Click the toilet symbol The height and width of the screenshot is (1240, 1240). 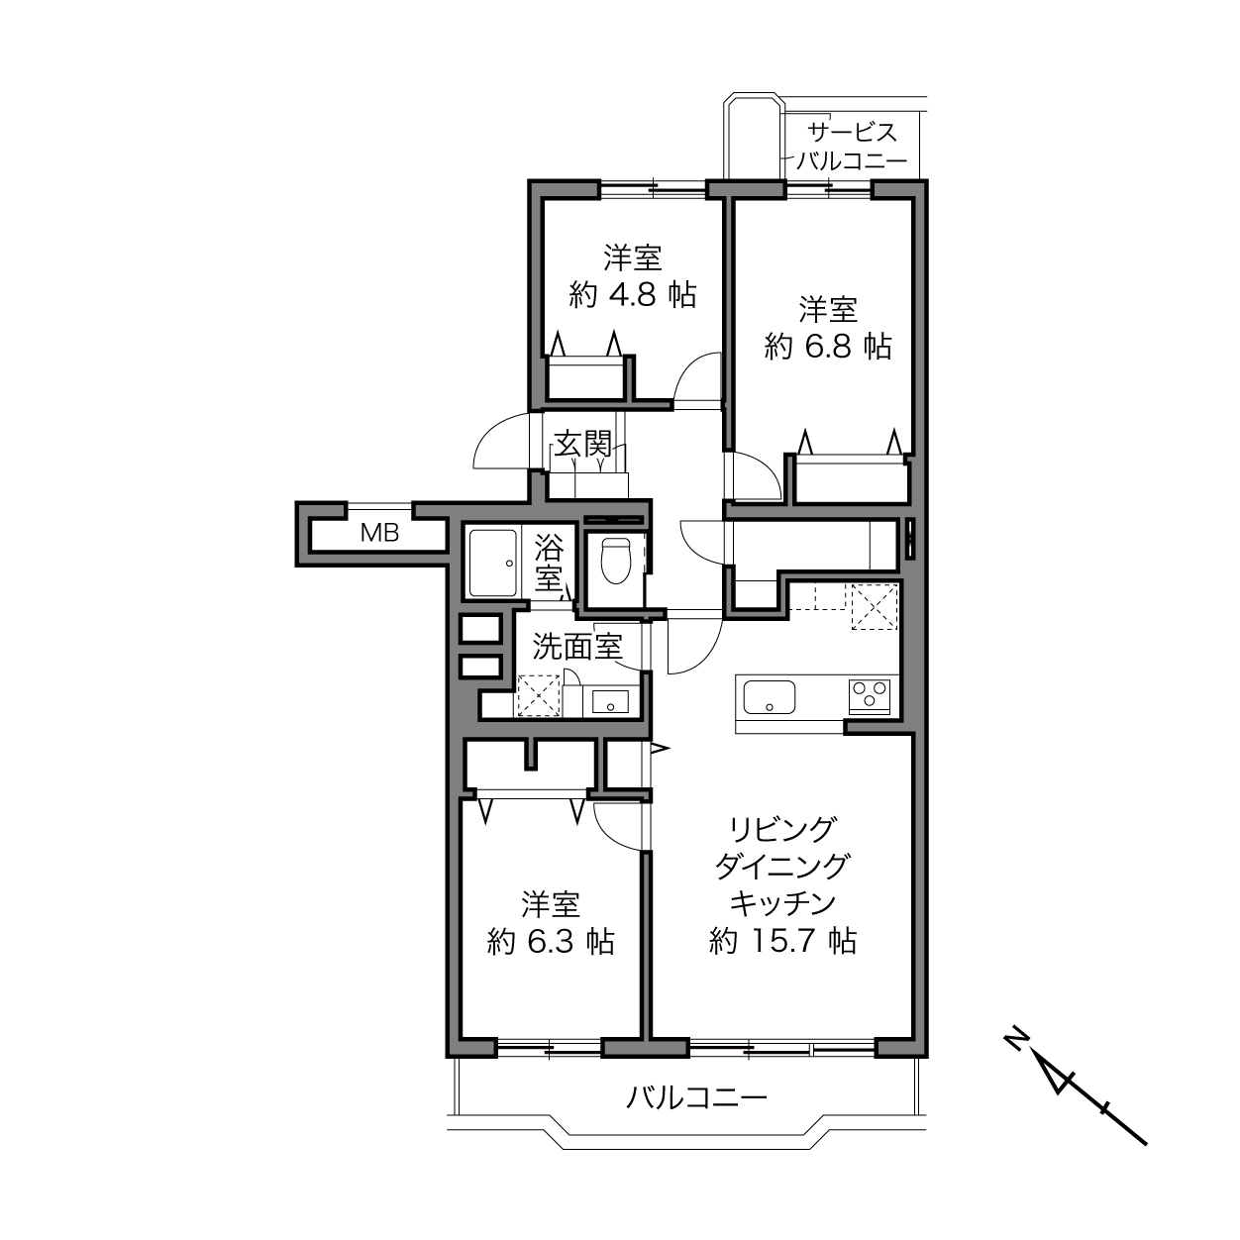[x=616, y=560]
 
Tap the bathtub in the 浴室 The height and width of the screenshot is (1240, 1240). [x=493, y=564]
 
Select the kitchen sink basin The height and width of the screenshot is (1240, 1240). [x=769, y=697]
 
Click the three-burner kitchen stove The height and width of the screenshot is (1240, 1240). [x=870, y=697]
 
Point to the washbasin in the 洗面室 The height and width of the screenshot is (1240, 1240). [x=610, y=701]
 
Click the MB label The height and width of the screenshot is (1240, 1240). [x=379, y=532]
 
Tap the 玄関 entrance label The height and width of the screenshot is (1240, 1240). [x=583, y=444]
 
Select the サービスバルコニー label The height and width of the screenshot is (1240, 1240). [x=852, y=147]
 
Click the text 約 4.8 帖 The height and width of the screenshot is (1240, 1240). [x=633, y=295]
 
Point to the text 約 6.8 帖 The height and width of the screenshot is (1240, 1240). [x=828, y=347]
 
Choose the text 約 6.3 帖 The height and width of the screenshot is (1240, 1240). [x=551, y=943]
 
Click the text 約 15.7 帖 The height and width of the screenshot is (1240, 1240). [x=782, y=942]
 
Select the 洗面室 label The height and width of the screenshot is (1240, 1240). [x=577, y=647]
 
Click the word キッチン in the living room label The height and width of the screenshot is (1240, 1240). [x=782, y=903]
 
